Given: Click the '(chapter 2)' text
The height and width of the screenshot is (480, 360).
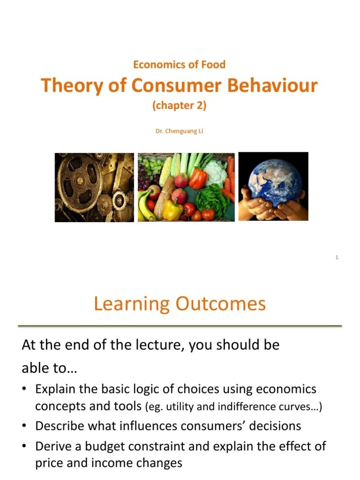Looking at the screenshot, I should [180, 105].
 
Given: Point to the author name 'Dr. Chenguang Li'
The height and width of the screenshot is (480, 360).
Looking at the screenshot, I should [180, 131].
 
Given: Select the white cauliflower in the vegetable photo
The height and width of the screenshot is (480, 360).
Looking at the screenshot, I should [216, 172].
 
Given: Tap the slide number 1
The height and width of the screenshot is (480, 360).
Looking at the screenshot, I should [337, 257].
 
